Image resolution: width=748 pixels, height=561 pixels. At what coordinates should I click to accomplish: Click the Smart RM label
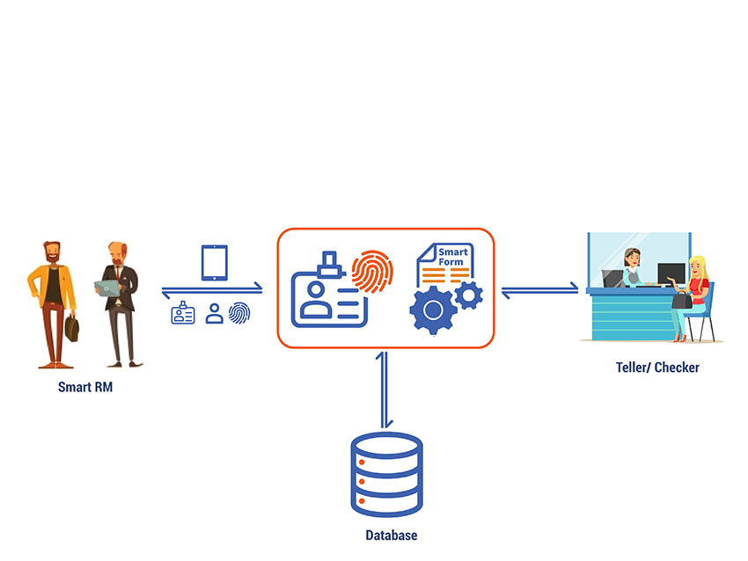point(84,387)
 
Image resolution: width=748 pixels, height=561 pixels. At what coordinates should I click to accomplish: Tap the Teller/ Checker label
point(657,368)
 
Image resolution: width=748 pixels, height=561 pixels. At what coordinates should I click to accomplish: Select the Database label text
point(391,535)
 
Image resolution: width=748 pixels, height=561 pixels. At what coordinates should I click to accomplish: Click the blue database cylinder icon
point(387,475)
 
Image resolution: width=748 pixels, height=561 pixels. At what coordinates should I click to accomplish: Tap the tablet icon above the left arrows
point(215,263)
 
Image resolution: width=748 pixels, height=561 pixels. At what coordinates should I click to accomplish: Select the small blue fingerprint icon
point(239,313)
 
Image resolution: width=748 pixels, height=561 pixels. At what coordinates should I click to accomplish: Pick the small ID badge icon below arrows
point(183,313)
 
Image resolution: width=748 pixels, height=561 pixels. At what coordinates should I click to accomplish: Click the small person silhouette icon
point(214,314)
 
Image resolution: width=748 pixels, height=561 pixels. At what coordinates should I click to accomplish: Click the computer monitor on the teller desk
point(671,273)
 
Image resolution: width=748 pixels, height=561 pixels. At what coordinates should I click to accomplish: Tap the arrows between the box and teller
point(539,288)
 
